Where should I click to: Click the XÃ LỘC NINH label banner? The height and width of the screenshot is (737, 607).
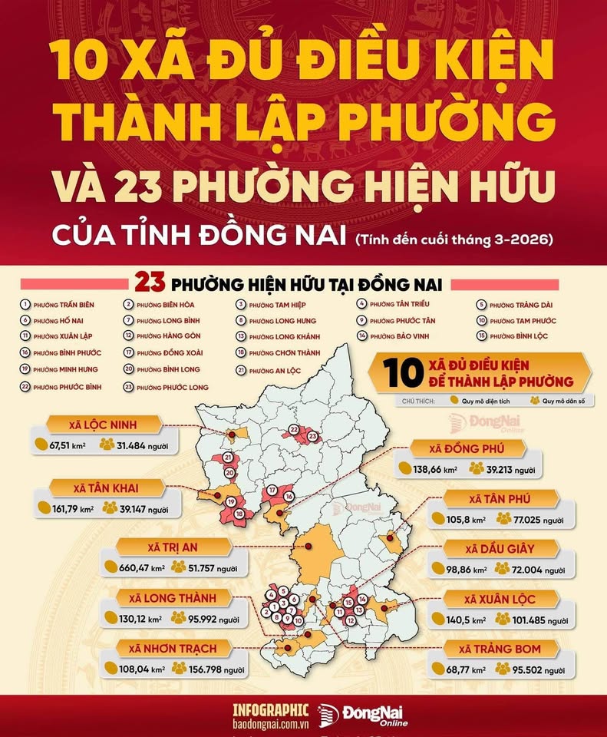[x=105, y=425]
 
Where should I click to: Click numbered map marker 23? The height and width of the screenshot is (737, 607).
[x=312, y=436]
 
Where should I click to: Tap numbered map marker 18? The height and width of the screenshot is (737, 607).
[x=239, y=514]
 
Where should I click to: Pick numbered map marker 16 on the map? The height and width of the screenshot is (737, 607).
[x=289, y=497]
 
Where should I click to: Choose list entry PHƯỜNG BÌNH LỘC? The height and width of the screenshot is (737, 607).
[x=522, y=336]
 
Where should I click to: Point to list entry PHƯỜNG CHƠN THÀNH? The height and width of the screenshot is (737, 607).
[x=283, y=353]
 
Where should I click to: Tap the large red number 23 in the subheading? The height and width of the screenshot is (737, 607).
[x=151, y=283]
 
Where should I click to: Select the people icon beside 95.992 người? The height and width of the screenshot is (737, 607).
[x=179, y=617]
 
